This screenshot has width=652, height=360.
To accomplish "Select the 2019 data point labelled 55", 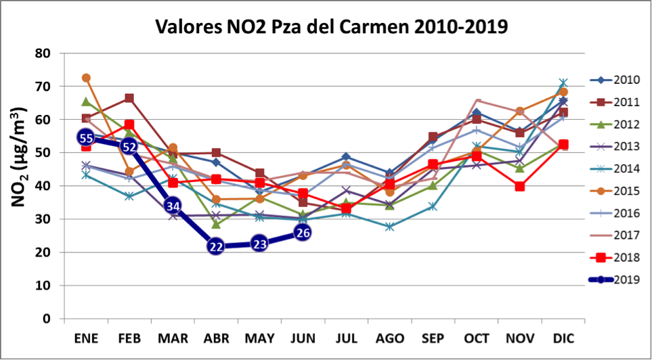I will [x=86, y=138].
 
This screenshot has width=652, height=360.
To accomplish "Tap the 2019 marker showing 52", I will [x=129, y=146].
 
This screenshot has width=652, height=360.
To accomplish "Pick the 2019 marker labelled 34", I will [x=173, y=206].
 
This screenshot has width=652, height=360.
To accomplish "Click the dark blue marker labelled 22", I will [x=216, y=246].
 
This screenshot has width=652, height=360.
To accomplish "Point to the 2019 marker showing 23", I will [x=259, y=243].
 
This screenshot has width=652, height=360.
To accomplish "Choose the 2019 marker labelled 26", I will [x=303, y=233].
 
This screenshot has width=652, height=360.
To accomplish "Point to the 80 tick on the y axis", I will [x=43, y=53].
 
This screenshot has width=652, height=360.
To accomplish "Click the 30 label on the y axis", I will [x=43, y=219].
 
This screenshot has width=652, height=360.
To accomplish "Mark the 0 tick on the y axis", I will [x=47, y=318].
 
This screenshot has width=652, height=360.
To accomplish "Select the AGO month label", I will [x=389, y=337].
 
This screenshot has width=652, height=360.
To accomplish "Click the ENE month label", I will [x=86, y=337].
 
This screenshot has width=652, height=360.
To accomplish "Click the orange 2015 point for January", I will [x=86, y=78].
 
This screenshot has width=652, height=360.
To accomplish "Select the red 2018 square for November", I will [x=519, y=186].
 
